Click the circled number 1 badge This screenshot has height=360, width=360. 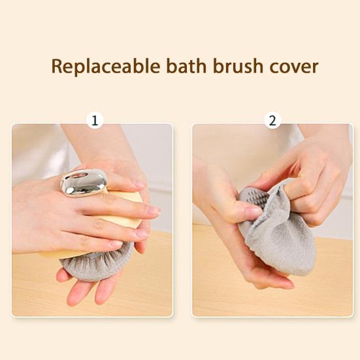click(x=96, y=120)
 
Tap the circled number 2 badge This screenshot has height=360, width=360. click(x=272, y=120)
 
